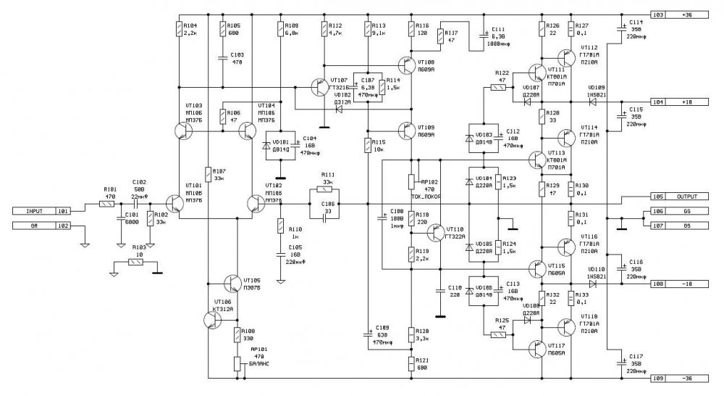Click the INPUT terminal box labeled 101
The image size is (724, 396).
(43, 211)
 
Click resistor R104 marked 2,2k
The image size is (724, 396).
(179, 28)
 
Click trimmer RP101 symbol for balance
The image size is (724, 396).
(236, 363)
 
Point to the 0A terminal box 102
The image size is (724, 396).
(43, 226)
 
